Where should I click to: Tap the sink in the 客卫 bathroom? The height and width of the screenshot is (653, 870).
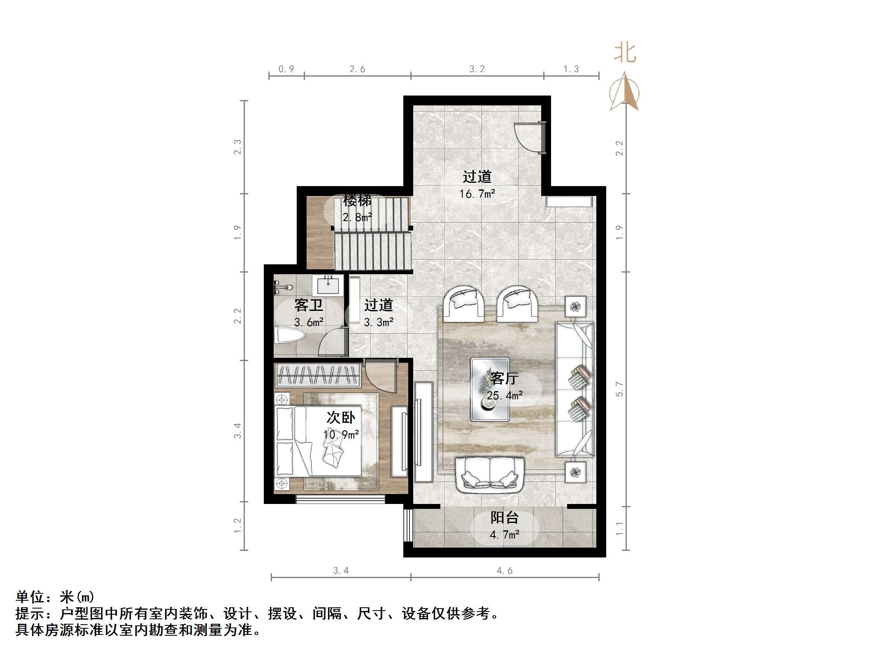pos(328,285)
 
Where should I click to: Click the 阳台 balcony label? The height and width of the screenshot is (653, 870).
pos(504,518)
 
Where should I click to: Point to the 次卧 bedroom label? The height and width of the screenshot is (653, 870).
pos(341,417)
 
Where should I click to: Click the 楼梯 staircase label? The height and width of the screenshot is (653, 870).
pos(357,201)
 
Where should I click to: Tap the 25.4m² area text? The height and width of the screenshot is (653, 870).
pos(505,396)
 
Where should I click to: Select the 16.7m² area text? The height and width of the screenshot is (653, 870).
pos(477,194)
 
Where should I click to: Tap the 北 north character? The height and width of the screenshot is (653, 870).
pos(625,54)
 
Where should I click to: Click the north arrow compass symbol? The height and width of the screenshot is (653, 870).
pos(624,93)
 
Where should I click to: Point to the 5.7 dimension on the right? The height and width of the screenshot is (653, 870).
pos(619,389)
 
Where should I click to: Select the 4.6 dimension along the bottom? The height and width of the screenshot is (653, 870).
pos(505,571)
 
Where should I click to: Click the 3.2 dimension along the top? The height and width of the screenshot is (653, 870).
pos(477,69)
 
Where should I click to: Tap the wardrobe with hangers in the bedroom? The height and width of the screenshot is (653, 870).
pos(317,375)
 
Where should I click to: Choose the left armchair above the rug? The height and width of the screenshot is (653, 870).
pos(464,304)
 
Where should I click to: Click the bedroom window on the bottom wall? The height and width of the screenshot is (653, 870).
pos(340,499)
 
